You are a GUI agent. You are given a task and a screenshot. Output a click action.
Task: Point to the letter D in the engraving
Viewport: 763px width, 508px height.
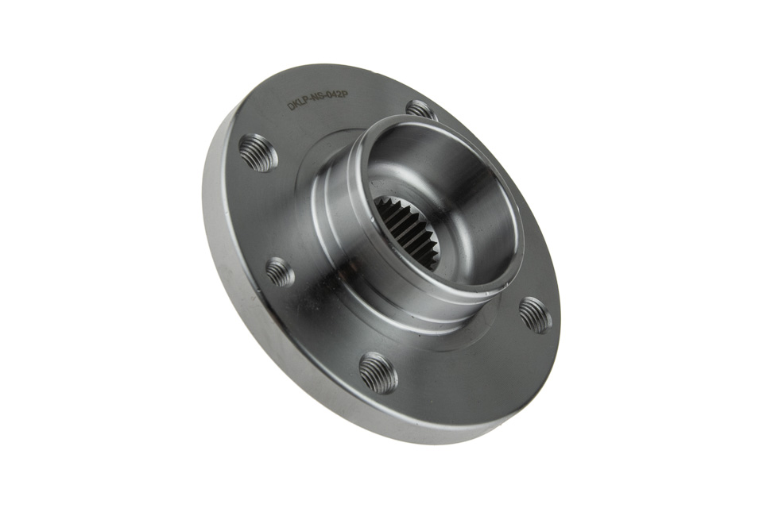pos(291,107)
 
